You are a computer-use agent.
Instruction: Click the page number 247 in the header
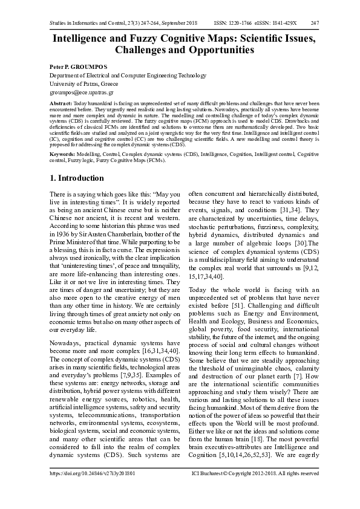[315, 23]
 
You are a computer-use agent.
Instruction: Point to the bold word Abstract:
[62, 105]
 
